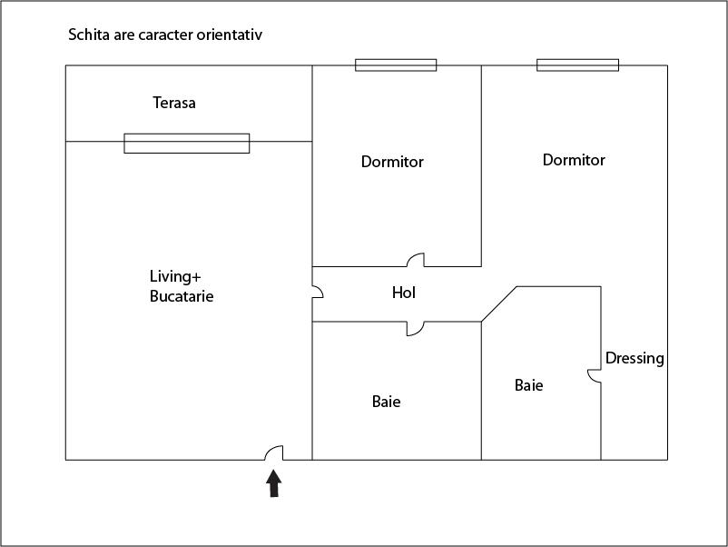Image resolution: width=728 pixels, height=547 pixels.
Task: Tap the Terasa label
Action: point(173,103)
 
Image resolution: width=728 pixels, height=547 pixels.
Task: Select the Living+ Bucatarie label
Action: point(182,285)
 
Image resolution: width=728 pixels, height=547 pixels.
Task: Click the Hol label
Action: point(404,293)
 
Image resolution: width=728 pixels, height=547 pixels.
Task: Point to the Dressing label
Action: point(635,358)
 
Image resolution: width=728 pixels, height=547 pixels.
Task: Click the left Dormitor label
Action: point(392,162)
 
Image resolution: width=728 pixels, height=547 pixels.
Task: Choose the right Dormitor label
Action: point(574,160)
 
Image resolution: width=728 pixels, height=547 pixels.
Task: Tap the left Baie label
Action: point(386,401)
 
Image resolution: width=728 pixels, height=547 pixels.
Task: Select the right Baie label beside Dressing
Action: point(529,385)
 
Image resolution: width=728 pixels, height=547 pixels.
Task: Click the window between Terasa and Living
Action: point(186,143)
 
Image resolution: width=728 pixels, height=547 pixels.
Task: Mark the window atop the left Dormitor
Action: point(396,65)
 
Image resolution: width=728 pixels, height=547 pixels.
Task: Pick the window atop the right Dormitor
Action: point(577,65)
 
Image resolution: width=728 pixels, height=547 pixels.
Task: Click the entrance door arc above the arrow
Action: point(273,453)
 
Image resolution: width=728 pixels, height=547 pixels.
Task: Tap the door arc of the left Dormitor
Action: point(416,260)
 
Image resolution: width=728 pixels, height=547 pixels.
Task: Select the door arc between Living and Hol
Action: point(318,292)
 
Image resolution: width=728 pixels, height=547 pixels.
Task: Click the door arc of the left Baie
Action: point(415,329)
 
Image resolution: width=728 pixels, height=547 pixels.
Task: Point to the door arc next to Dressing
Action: point(595,375)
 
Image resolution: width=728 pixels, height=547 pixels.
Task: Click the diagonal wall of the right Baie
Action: point(498,304)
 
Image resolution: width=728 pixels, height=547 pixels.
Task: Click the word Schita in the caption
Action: point(88,35)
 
